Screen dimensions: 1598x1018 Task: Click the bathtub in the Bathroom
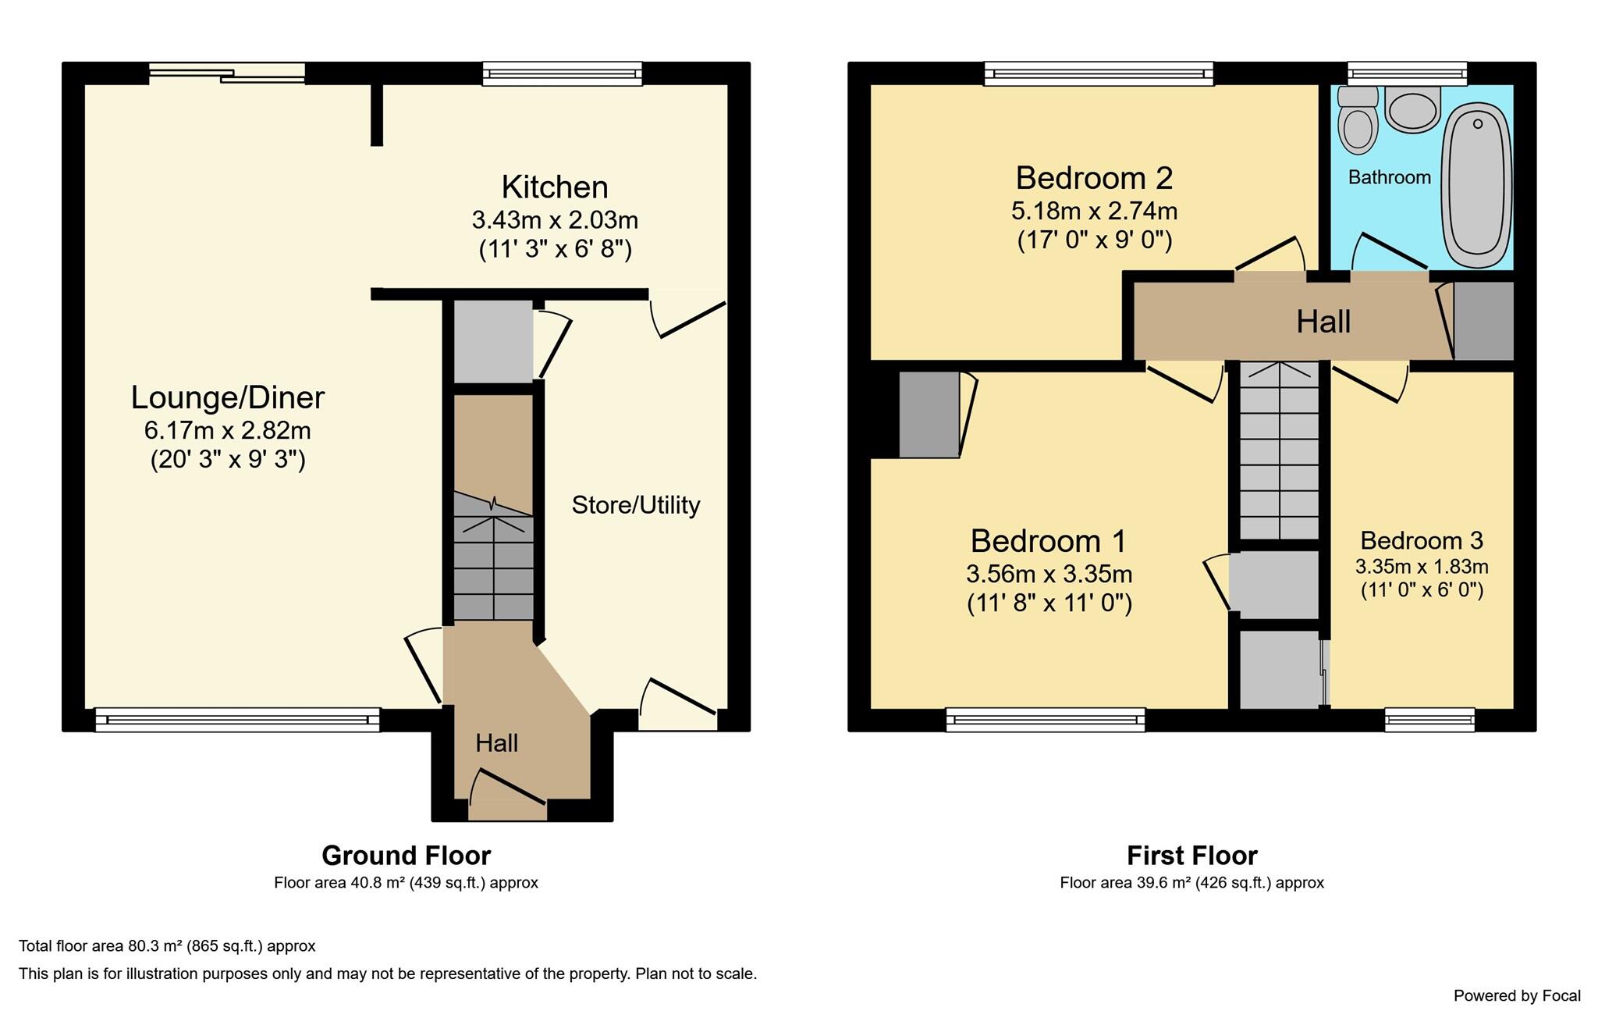pyautogui.click(x=1476, y=187)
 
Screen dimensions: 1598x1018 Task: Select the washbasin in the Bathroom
pyautogui.click(x=1412, y=109)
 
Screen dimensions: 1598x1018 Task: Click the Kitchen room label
pyautogui.click(x=555, y=187)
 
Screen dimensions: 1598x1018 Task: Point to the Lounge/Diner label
pyautogui.click(x=227, y=398)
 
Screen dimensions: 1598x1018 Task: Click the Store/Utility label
pyautogui.click(x=636, y=505)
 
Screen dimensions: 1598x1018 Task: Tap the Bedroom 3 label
pyautogui.click(x=1422, y=540)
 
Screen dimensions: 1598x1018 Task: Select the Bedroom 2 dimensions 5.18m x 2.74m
pyautogui.click(x=1095, y=211)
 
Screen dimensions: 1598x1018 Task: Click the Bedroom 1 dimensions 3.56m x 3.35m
pyautogui.click(x=1049, y=574)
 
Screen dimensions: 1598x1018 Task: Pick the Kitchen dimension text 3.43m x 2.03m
pyautogui.click(x=555, y=220)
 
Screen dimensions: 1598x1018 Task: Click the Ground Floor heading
pyautogui.click(x=407, y=856)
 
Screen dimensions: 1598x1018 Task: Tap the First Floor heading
pyautogui.click(x=1192, y=856)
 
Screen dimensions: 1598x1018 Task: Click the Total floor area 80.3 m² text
pyautogui.click(x=167, y=946)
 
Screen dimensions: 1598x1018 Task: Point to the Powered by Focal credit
pyautogui.click(x=1517, y=995)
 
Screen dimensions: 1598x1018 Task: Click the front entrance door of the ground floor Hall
pyautogui.click(x=508, y=796)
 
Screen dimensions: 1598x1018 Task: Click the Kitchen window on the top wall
pyautogui.click(x=563, y=73)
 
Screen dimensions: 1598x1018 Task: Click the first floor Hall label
pyautogui.click(x=1323, y=322)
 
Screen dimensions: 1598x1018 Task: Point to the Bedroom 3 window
pyautogui.click(x=1429, y=720)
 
